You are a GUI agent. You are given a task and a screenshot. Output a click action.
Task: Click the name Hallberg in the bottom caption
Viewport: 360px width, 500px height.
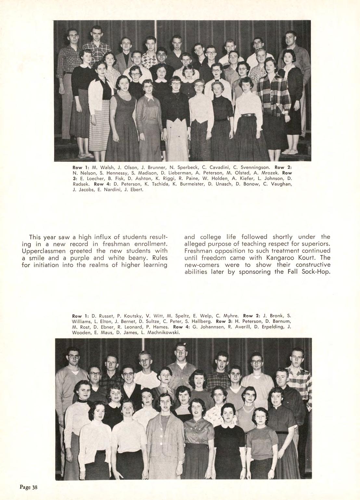(x=199, y=322)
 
